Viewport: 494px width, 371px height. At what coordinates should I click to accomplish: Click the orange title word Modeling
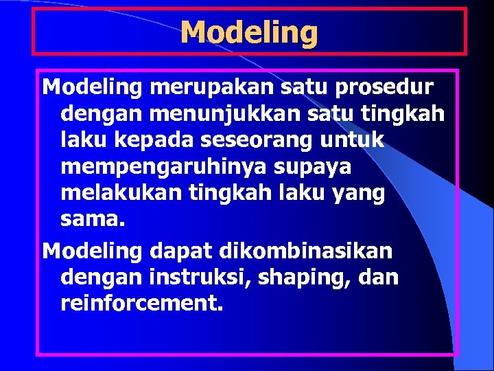[x=249, y=32]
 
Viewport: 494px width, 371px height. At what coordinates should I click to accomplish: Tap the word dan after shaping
[x=379, y=278]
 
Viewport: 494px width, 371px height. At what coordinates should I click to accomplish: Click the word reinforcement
[x=142, y=304]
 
